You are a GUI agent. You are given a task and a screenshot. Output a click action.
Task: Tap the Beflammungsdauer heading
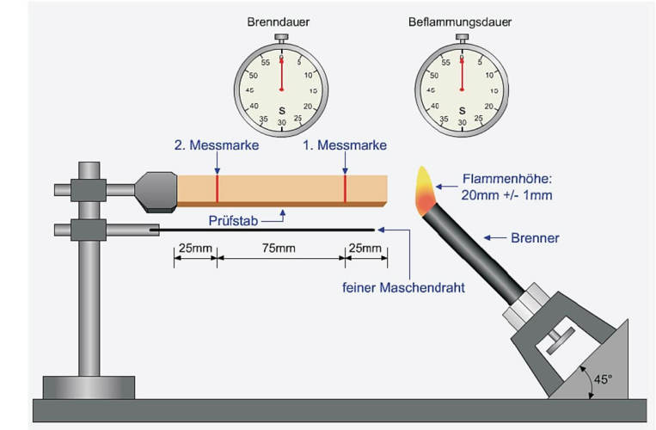[x=461, y=21]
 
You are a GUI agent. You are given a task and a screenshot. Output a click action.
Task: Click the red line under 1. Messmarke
[x=345, y=189]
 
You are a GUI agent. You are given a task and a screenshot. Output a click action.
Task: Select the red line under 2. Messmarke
[x=217, y=188]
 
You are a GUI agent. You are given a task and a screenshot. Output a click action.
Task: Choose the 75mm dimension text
[x=280, y=249]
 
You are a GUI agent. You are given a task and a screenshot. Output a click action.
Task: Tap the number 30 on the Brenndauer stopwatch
[x=281, y=125]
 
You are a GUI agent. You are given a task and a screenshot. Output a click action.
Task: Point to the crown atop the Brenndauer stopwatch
[x=281, y=38]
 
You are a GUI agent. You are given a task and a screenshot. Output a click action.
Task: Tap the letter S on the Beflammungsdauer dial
[x=462, y=109]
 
